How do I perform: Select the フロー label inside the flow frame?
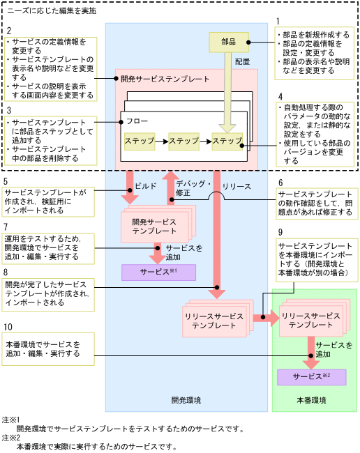tap(137, 121)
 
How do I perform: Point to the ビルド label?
tap(145, 187)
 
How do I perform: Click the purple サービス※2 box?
tap(311, 376)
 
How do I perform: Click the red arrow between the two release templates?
tap(263, 318)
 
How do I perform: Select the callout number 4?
tap(280, 96)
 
